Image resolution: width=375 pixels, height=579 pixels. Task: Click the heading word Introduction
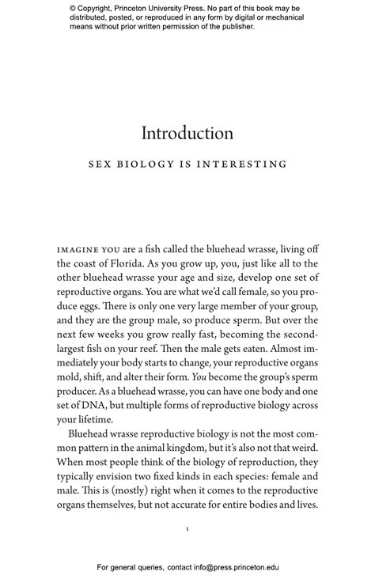click(x=187, y=133)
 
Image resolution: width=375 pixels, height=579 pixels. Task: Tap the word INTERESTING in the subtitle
click(x=247, y=165)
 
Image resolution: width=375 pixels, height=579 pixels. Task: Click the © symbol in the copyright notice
click(x=72, y=9)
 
